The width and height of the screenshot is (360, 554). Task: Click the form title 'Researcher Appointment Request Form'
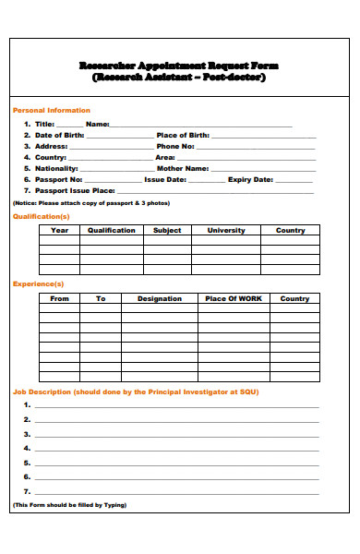pyautogui.click(x=179, y=66)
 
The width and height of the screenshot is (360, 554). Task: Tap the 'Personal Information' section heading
pyautogui.click(x=51, y=110)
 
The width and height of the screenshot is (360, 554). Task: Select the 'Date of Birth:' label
pyautogui.click(x=59, y=135)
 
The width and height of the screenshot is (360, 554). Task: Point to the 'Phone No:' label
pyautogui.click(x=175, y=146)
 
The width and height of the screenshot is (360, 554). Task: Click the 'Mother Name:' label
pyautogui.click(x=183, y=168)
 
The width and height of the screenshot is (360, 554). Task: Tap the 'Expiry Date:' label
pyautogui.click(x=251, y=179)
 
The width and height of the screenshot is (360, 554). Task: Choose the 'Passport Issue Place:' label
pyautogui.click(x=75, y=190)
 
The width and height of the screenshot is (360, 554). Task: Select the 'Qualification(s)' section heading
pyautogui.click(x=41, y=216)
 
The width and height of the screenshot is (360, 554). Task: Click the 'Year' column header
pyautogui.click(x=59, y=230)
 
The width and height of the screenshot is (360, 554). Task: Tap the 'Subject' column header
pyautogui.click(x=167, y=230)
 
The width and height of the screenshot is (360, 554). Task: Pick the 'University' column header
pyautogui.click(x=226, y=230)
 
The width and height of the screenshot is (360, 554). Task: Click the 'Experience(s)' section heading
pyautogui.click(x=39, y=283)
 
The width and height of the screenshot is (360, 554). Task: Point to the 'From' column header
pyautogui.click(x=59, y=298)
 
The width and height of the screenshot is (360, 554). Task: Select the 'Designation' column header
pyautogui.click(x=160, y=298)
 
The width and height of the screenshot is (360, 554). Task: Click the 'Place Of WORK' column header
pyautogui.click(x=234, y=298)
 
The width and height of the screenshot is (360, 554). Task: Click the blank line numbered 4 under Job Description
pyautogui.click(x=175, y=448)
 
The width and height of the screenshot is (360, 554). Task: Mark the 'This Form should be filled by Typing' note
pyautogui.click(x=69, y=505)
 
